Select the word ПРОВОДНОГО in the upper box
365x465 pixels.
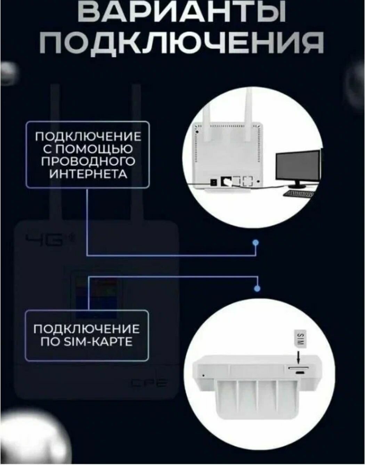pyautogui.click(x=88, y=161)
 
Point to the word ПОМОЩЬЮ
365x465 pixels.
pyautogui.click(x=94, y=149)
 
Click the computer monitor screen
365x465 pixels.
pyautogui.click(x=298, y=167)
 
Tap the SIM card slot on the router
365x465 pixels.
pyautogui.click(x=296, y=367)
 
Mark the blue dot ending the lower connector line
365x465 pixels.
pyautogui.click(x=257, y=288)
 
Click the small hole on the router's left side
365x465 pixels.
pyautogui.click(x=203, y=375)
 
